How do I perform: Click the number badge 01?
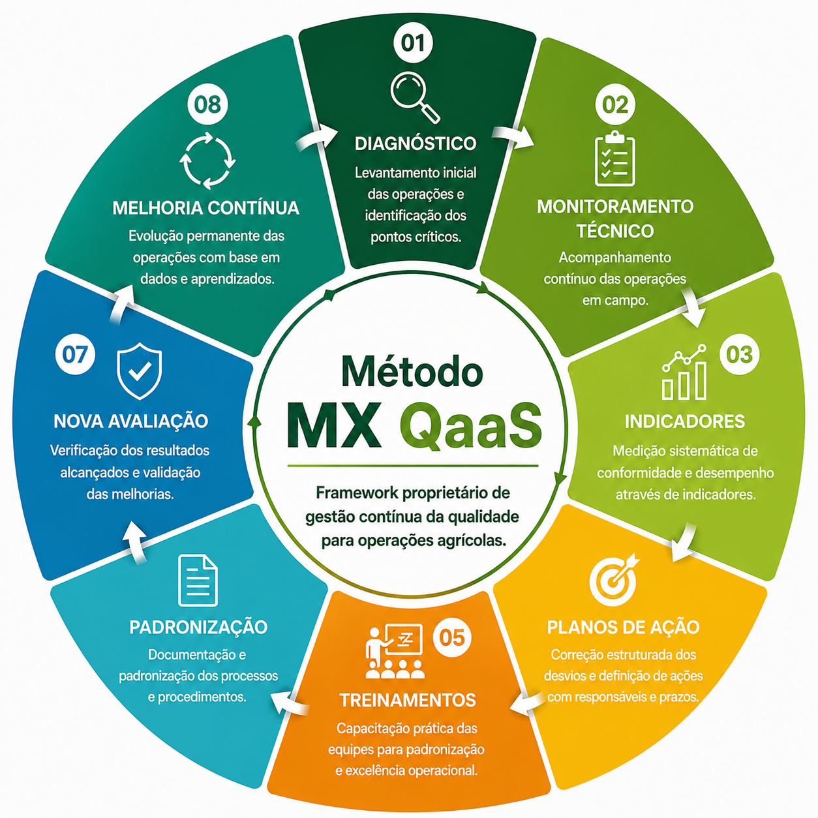tap(413, 43)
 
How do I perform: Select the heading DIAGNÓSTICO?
tap(415, 144)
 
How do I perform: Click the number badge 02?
tap(615, 104)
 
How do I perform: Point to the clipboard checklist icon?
tap(615, 159)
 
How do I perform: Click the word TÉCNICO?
tap(614, 230)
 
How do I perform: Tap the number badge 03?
tap(740, 354)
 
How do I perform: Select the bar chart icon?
tap(684, 372)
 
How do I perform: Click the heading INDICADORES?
tap(685, 421)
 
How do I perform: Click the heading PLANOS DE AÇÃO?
tap(623, 628)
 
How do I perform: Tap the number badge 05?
tap(451, 637)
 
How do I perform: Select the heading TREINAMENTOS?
tap(408, 701)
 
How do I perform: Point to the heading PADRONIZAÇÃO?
tap(198, 628)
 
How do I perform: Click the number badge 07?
tap(75, 354)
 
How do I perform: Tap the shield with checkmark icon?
tap(139, 371)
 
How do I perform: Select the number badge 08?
tap(207, 104)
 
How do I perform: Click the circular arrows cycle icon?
tap(207, 161)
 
